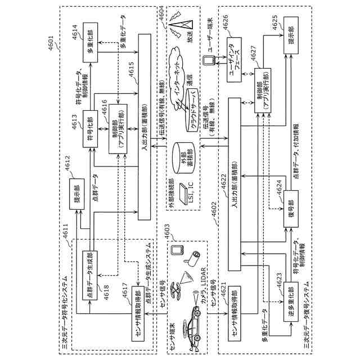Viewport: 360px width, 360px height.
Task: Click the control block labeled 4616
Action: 118,129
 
